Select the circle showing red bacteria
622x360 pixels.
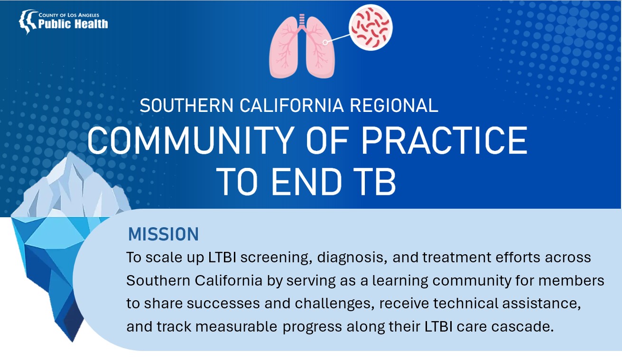point(371,27)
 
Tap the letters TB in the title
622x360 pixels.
point(375,183)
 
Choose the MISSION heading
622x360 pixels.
point(163,234)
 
